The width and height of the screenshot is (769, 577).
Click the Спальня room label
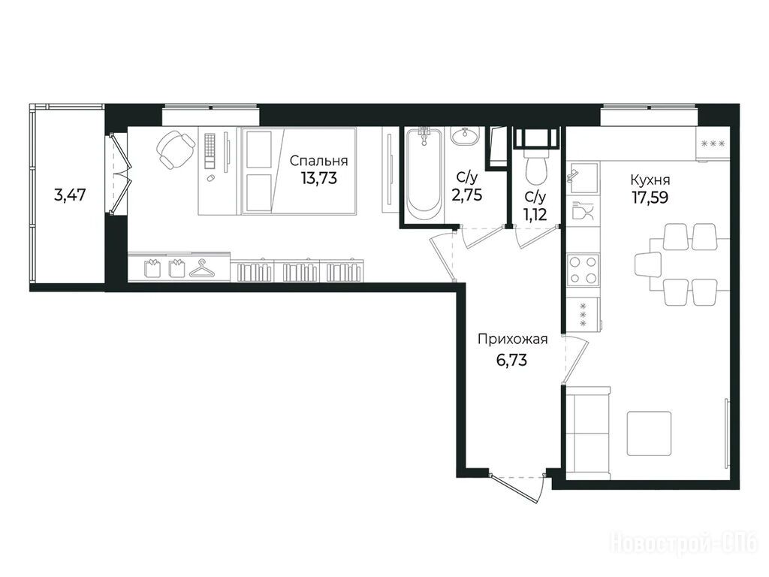[x=318, y=161]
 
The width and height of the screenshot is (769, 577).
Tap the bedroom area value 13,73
[x=319, y=178]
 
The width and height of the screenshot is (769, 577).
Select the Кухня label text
[x=650, y=180]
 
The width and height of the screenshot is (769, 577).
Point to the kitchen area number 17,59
[x=650, y=198]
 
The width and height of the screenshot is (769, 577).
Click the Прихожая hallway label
[x=512, y=339]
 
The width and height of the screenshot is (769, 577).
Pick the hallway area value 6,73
[x=512, y=361]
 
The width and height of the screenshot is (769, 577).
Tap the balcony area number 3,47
[x=70, y=195]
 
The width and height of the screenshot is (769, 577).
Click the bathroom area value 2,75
[x=467, y=195]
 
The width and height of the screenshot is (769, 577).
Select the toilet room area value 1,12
[x=535, y=214]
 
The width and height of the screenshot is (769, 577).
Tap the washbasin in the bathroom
[x=464, y=136]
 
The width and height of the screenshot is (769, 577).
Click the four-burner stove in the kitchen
[x=583, y=270]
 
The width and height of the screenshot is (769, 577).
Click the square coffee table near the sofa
[x=650, y=434]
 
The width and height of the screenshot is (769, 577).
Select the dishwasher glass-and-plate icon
[x=583, y=210]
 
